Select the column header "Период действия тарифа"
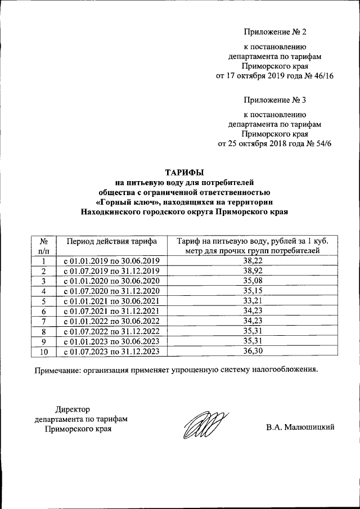(x=111, y=241)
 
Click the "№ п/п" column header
(x=43, y=246)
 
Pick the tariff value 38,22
(x=252, y=261)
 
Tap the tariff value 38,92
(x=252, y=271)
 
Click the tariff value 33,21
(x=252, y=301)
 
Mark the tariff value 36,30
(x=252, y=352)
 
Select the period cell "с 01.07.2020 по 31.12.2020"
(x=111, y=291)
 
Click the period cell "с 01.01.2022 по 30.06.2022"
(x=111, y=321)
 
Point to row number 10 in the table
(x=43, y=352)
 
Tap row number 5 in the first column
(x=43, y=301)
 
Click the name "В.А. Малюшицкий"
(x=300, y=427)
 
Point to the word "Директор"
(x=72, y=409)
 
